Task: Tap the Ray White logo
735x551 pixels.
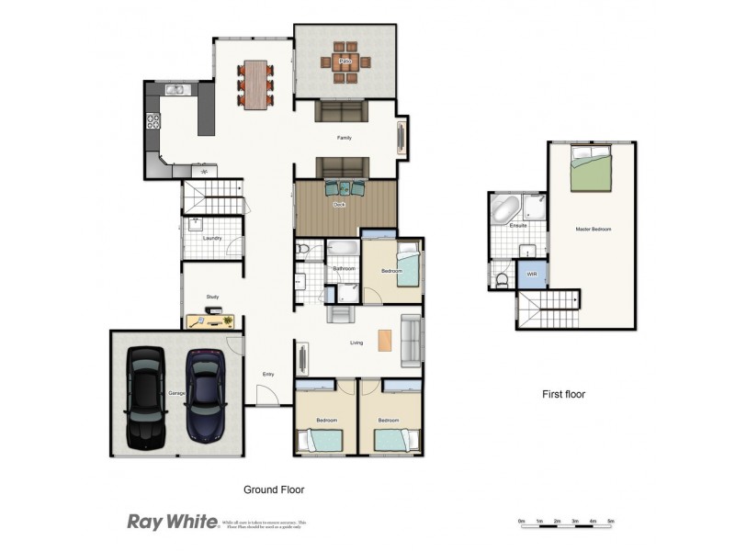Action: click(x=172, y=522)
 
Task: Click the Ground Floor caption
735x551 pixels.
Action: click(x=273, y=490)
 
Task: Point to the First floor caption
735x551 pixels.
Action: click(x=562, y=395)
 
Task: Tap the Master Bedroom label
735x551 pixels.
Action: click(x=593, y=229)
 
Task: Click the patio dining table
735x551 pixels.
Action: click(x=345, y=63)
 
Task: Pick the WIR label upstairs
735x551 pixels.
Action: click(x=531, y=275)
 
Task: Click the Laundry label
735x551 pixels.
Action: click(x=212, y=239)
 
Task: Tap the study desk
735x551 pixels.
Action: click(x=210, y=320)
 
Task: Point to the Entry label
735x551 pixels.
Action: click(x=268, y=374)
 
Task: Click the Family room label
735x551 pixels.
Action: click(x=344, y=138)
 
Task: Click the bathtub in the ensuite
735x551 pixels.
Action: click(x=504, y=209)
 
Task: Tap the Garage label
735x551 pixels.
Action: click(x=175, y=393)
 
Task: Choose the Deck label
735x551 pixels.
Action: click(x=339, y=205)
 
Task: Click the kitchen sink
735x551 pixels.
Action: click(x=175, y=89)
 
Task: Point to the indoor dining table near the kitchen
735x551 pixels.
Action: click(x=254, y=84)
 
